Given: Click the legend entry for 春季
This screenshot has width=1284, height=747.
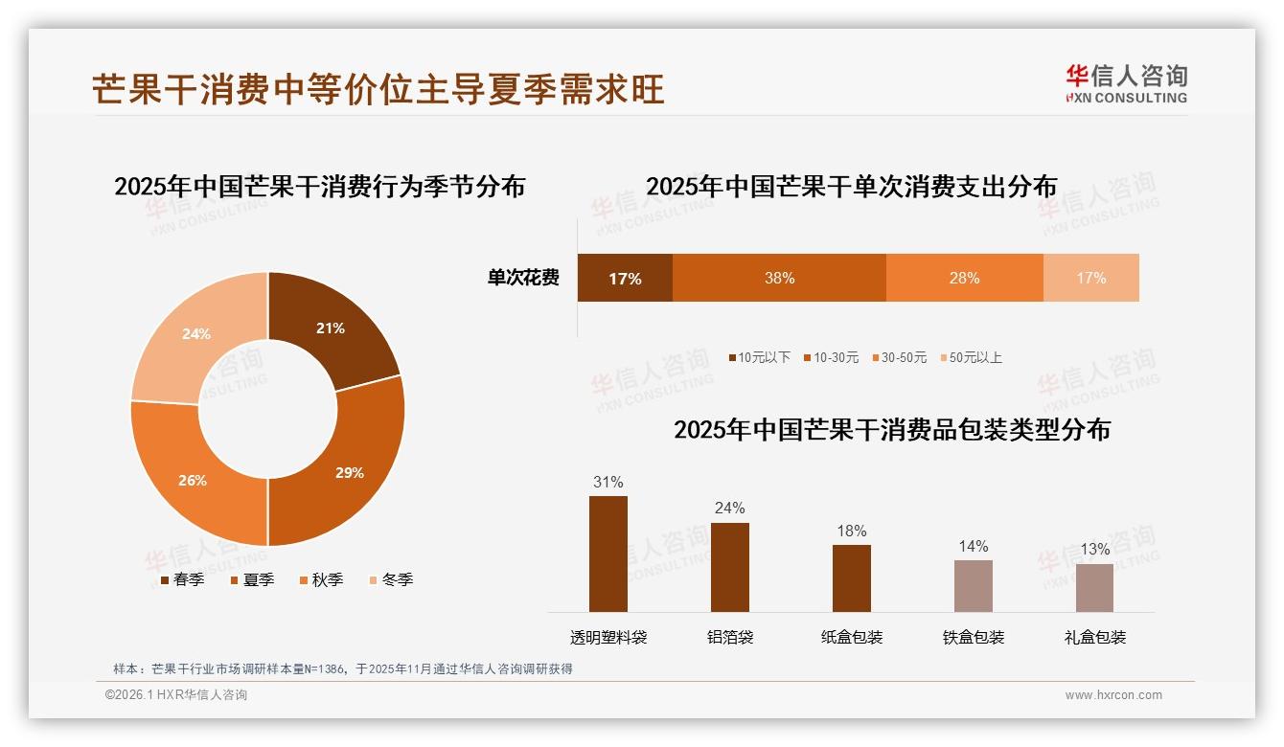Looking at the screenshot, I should tap(181, 579).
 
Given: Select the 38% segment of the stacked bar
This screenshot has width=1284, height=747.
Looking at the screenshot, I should tap(779, 278).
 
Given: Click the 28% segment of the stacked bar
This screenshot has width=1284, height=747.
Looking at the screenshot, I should tap(964, 278).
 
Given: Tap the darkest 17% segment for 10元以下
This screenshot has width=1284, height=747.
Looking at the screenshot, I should tap(625, 278).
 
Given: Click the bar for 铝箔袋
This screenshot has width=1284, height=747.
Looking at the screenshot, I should tap(730, 567).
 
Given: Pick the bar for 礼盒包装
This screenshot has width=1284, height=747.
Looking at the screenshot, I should tap(1094, 587).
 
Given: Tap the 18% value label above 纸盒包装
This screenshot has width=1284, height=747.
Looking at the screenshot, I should tap(851, 531).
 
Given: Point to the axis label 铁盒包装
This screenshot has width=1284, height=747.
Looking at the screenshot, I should tap(974, 637).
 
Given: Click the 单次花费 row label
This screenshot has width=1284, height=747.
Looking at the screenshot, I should tap(523, 278).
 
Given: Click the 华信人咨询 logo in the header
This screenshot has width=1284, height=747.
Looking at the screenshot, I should tap(1126, 83).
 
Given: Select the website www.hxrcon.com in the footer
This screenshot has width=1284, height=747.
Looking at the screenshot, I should tap(1113, 695).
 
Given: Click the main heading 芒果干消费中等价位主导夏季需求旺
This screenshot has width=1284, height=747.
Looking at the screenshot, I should tap(378, 89).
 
